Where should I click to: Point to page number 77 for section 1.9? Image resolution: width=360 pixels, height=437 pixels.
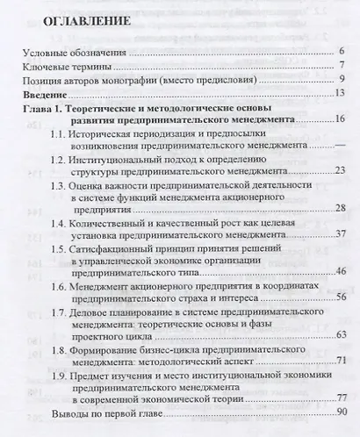(342, 398)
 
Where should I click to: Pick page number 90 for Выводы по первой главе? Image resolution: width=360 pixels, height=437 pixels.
(342, 412)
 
